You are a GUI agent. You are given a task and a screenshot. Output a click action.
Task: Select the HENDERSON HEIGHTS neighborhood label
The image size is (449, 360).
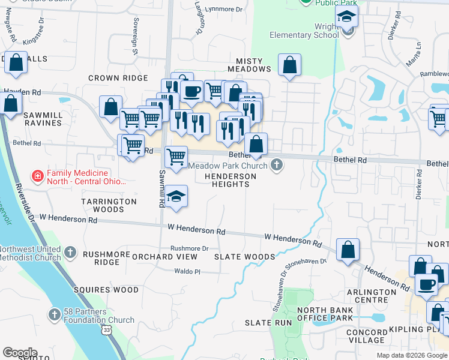pos(231,180)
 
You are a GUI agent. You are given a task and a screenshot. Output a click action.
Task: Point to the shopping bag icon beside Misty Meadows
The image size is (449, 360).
pos(289,65)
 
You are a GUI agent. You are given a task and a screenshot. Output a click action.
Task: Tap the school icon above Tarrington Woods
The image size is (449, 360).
pos(175,197)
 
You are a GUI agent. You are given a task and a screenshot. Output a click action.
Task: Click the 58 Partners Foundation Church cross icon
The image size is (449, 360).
pos(54,314)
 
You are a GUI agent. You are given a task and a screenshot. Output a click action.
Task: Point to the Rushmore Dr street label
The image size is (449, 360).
pos(189,248)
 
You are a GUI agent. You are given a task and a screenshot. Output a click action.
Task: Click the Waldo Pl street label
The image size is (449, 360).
pos(187,271)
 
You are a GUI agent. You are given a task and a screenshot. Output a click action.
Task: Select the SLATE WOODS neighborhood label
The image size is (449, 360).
pos(244,257)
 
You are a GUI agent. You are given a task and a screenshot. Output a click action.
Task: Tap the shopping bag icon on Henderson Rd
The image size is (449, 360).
pos(348,250)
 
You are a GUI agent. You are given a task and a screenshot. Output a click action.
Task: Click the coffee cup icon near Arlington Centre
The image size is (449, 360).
pos(427,284)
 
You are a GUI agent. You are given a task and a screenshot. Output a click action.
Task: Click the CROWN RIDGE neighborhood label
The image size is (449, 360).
pos(118,78)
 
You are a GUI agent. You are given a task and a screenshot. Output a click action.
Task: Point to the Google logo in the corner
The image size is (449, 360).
pos(20,353)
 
